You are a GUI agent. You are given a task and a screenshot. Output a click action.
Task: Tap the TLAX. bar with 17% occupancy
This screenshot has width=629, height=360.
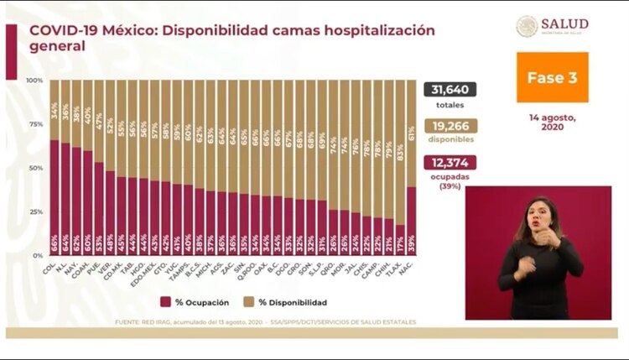click(x=400, y=239)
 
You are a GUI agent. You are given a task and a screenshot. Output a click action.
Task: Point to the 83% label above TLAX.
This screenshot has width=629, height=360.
click(x=401, y=152)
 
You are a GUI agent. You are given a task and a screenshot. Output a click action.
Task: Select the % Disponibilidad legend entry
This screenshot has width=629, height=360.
click(x=285, y=302)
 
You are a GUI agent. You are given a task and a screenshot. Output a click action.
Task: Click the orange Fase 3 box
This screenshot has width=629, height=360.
click(x=552, y=77)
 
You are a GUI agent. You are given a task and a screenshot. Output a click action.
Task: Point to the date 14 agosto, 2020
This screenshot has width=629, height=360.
click(x=552, y=120)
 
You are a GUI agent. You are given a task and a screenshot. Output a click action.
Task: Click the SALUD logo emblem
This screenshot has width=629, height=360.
click(x=527, y=26)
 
